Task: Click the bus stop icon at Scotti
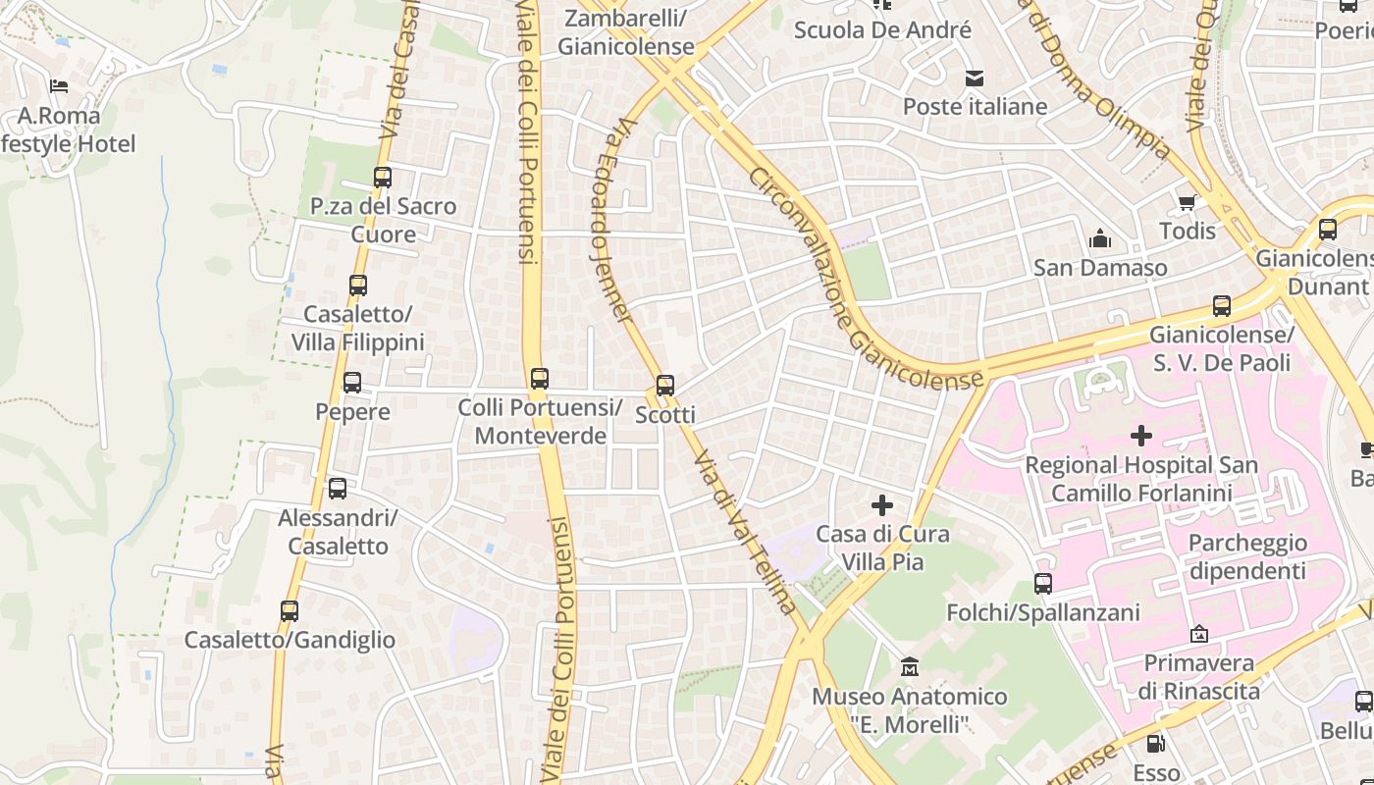(665, 386)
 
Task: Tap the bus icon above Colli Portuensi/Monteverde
(539, 378)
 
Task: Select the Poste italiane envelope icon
(974, 78)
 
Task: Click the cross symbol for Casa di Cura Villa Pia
(882, 505)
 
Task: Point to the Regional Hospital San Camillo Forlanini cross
(1140, 435)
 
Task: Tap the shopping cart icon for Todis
(1187, 203)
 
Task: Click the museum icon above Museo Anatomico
(910, 667)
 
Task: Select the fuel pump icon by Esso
(1156, 744)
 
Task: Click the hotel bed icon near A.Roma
(59, 86)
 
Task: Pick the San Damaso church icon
(1099, 239)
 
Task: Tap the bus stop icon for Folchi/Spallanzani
(1042, 584)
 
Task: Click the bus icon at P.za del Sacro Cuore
(383, 178)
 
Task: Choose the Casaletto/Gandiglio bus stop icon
(290, 611)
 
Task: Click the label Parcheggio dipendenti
(1246, 556)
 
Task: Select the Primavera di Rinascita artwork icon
(1198, 635)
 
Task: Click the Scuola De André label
(881, 29)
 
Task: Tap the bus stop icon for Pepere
(351, 383)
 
